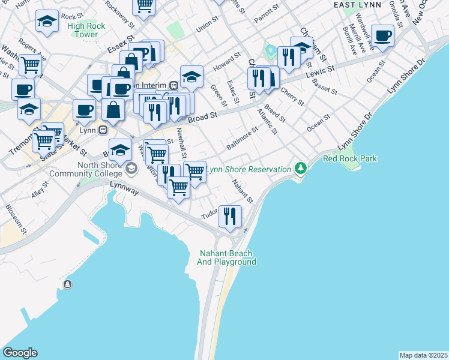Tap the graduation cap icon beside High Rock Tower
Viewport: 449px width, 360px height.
47,22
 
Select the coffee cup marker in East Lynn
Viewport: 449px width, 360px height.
382,36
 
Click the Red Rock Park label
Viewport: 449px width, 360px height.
350,158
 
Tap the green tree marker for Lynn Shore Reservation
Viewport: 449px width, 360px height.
300,169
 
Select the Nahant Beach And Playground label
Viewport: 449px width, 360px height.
228,258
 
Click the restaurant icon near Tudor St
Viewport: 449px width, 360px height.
229,217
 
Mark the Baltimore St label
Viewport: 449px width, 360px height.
242,138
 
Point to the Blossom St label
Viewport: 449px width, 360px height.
15,219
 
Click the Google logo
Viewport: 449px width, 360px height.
20,353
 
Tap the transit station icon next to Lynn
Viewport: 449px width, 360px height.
103,129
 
